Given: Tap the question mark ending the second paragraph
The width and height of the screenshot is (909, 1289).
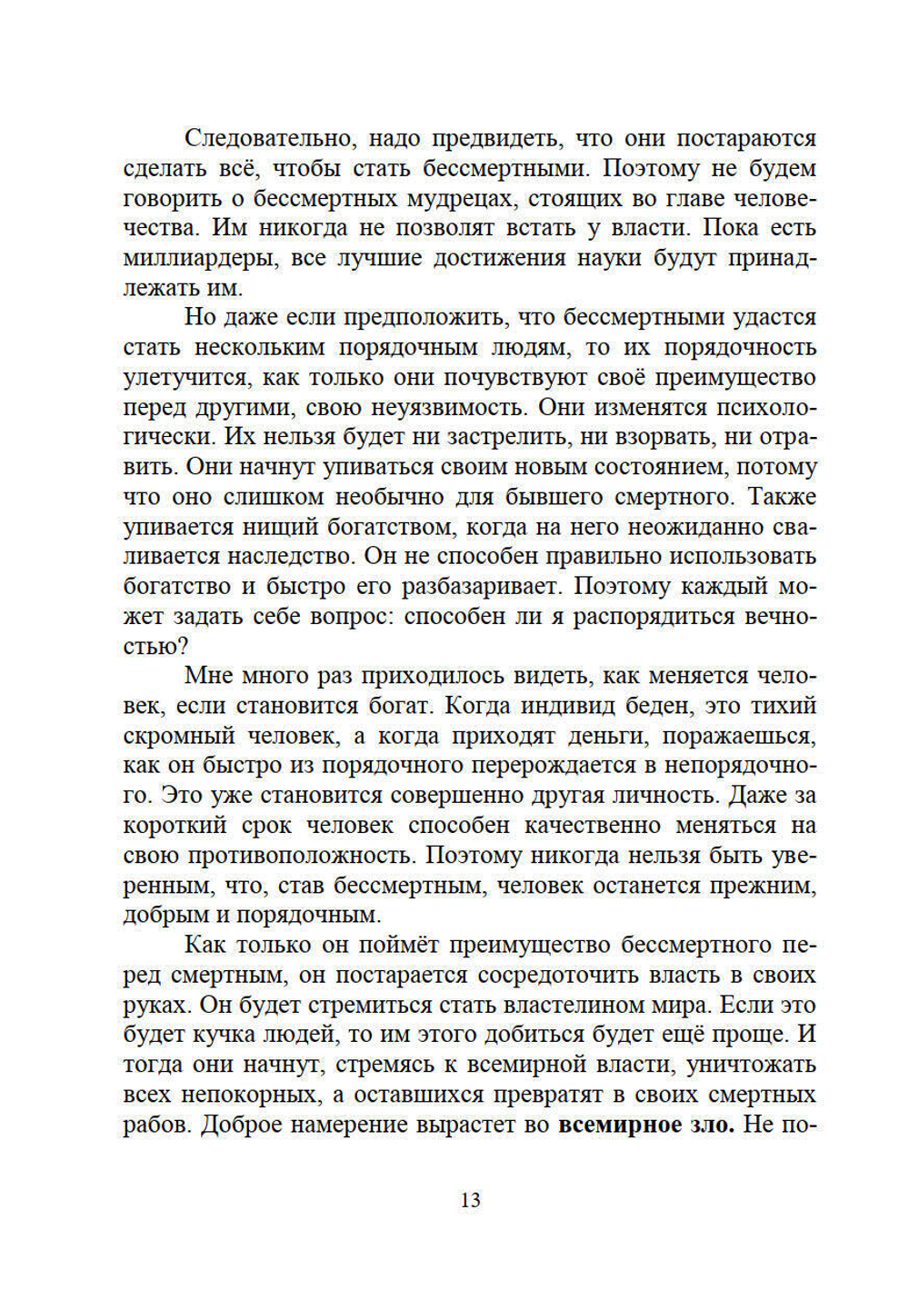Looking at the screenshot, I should (183, 647).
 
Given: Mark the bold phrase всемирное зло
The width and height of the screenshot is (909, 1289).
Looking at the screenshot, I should (645, 1125).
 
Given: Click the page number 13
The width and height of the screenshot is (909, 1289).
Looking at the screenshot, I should (470, 1200).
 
